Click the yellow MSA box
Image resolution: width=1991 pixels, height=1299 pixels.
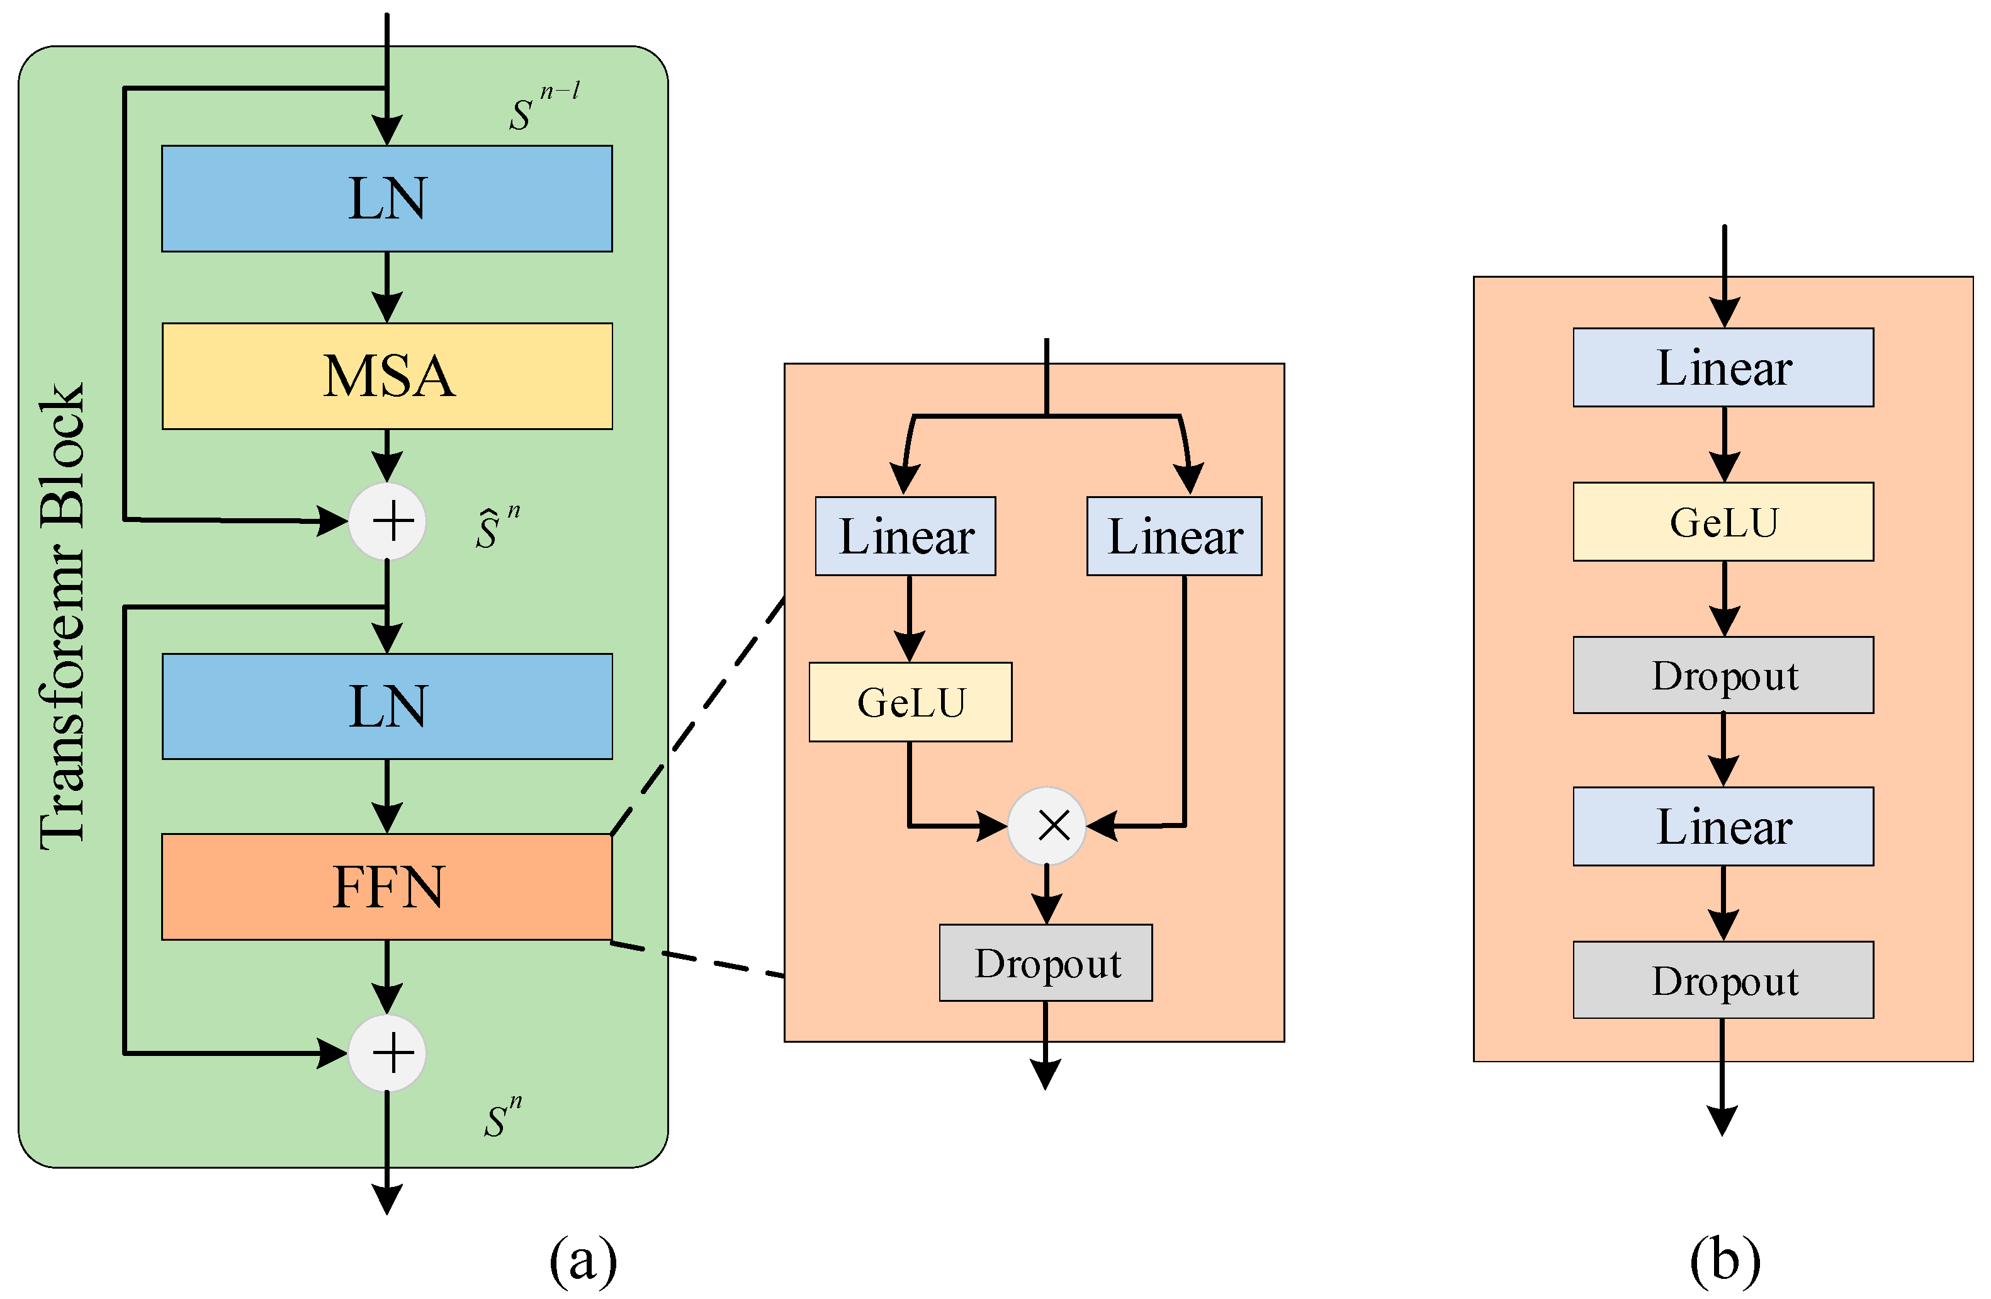386,376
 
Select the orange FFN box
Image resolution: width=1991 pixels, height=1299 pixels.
386,887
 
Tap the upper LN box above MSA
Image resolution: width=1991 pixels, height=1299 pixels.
386,198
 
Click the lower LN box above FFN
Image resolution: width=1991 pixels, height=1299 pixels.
386,706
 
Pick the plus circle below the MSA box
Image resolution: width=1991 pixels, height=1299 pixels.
387,521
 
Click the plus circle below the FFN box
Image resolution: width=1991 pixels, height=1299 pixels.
387,1053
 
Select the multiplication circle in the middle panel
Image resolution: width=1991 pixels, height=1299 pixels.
1047,825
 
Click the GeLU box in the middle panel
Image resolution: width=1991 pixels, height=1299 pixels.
910,701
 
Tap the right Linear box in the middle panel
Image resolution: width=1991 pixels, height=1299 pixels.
1174,536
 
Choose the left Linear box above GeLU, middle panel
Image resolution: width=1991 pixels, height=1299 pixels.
905,536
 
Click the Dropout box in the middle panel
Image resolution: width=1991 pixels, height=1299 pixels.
1046,963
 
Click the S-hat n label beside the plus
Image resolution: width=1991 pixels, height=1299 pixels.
497,527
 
